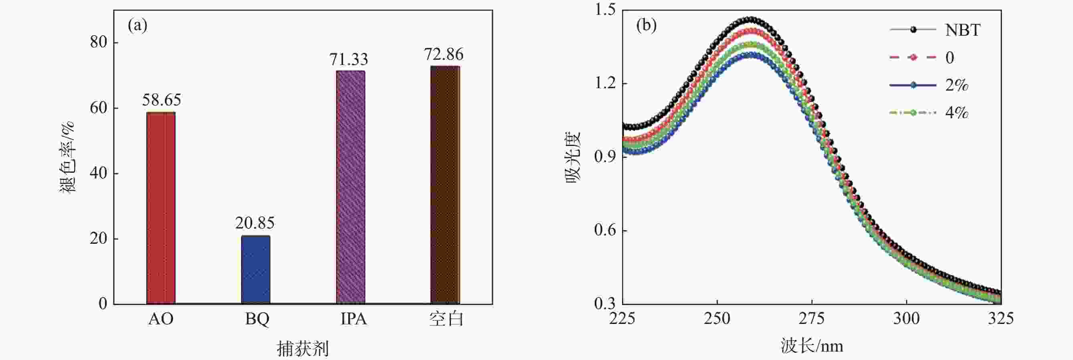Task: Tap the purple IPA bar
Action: click(x=350, y=187)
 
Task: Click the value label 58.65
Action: click(x=162, y=100)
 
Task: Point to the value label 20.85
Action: click(x=255, y=223)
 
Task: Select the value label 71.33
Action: click(x=349, y=60)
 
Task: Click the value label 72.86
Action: click(x=444, y=54)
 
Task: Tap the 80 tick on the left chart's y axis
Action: click(x=98, y=42)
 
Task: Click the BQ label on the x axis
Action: click(x=257, y=319)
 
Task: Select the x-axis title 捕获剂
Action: click(x=303, y=348)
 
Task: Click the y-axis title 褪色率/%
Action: click(x=67, y=157)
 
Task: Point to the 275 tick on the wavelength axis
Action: click(x=812, y=319)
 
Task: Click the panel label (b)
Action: click(x=646, y=25)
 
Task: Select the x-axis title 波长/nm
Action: click(x=812, y=346)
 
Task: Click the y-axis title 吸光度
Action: click(x=573, y=157)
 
